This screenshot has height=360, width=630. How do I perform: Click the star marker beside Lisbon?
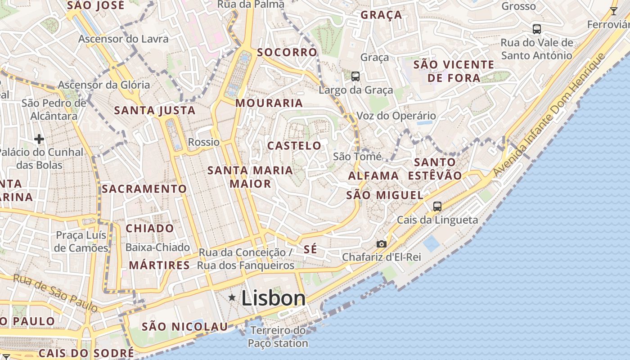click(x=232, y=297)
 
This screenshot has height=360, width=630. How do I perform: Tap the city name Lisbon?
click(x=274, y=298)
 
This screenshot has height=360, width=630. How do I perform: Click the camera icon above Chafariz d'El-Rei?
click(x=381, y=244)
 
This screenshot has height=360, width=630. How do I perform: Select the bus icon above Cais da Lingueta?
click(x=437, y=207)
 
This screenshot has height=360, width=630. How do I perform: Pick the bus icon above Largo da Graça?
click(x=355, y=76)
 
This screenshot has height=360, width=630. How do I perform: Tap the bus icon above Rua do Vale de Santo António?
click(x=536, y=29)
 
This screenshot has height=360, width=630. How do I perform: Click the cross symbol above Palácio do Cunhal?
click(x=39, y=139)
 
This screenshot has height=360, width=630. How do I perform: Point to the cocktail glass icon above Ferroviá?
click(x=613, y=11)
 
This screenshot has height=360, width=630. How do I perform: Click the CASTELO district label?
click(x=294, y=146)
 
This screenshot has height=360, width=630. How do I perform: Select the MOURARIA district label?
click(x=269, y=103)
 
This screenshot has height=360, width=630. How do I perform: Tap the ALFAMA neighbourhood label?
click(x=373, y=175)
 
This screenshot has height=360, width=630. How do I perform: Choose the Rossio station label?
click(x=204, y=142)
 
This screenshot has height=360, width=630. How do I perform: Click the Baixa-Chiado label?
click(x=157, y=247)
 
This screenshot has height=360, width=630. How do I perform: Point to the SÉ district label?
click(x=310, y=249)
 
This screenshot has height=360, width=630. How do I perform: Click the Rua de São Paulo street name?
click(x=55, y=292)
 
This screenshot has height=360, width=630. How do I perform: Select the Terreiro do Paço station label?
click(x=278, y=337)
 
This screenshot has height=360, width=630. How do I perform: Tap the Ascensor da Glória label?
click(x=104, y=85)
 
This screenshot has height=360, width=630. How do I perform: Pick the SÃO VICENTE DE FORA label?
click(x=454, y=71)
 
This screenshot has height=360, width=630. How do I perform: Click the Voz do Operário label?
click(x=396, y=116)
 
